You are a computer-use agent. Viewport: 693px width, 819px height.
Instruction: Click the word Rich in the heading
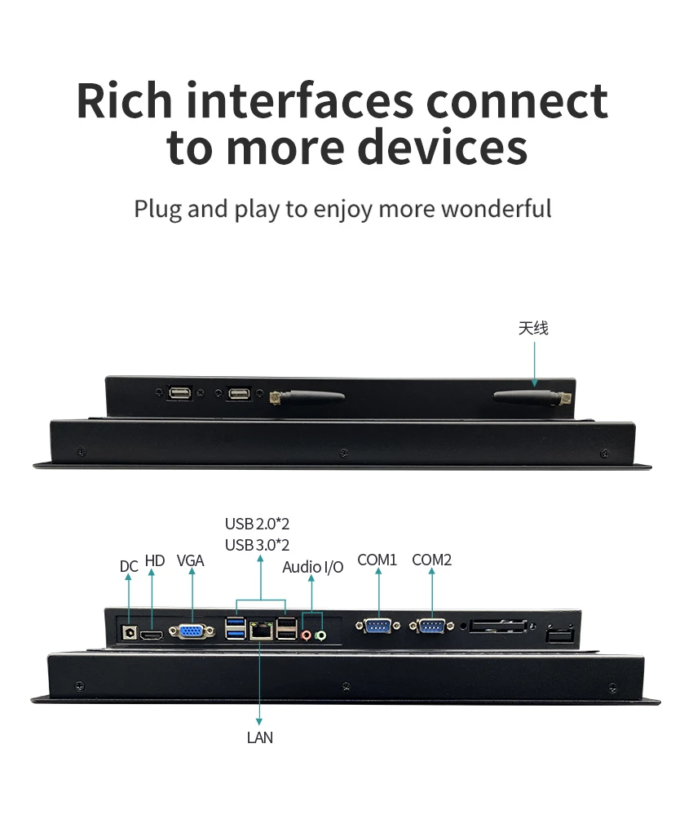point(124,100)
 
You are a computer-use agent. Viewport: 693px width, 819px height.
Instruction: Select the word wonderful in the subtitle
point(497,208)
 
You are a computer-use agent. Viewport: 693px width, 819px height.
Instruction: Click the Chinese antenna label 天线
point(533,328)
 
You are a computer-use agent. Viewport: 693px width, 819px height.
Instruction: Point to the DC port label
point(129,566)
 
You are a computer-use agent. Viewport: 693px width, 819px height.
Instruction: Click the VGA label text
point(191,560)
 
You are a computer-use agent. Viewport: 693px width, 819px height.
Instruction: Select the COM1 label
point(377,560)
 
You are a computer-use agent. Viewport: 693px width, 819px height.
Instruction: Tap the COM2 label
point(432,560)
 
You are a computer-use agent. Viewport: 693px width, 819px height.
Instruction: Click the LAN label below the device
point(259,737)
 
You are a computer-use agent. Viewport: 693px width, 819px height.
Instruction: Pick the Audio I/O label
point(313,567)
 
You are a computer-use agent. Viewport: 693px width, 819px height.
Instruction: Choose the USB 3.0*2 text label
point(257,545)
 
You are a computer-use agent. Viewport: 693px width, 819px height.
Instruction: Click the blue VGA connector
point(192,631)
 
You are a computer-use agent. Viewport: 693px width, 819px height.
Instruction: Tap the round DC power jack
point(129,633)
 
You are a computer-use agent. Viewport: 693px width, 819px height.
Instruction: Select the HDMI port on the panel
point(152,635)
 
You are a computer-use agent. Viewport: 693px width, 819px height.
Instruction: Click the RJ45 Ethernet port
point(261,631)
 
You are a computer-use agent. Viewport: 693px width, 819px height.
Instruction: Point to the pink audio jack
point(307,635)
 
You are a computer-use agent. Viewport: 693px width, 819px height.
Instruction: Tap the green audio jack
point(321,635)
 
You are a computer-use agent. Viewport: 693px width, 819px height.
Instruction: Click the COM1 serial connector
point(378,625)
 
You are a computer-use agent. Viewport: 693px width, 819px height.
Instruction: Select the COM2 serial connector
point(432,625)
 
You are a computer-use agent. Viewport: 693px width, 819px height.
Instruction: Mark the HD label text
point(155,560)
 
